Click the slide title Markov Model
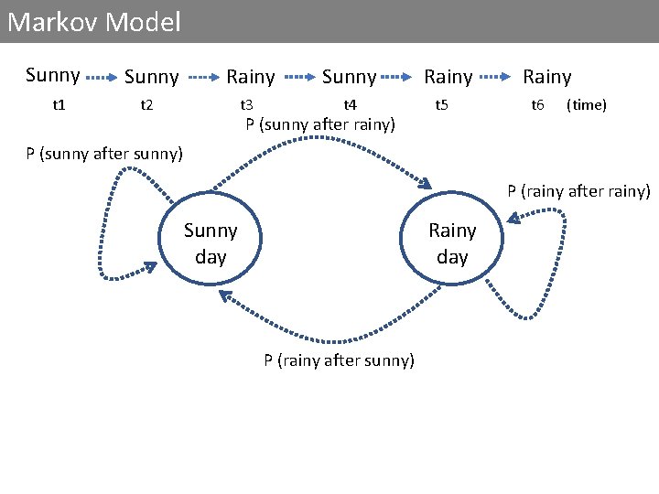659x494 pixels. click(94, 22)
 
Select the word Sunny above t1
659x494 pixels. click(52, 75)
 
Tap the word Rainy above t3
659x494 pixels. click(251, 77)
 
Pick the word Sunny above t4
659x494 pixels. click(349, 77)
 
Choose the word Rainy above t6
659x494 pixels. click(546, 77)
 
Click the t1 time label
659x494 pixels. click(59, 105)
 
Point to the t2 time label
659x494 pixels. click(146, 105)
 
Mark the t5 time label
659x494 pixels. click(441, 105)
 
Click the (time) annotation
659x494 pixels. click(587, 105)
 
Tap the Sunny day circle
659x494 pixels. click(211, 242)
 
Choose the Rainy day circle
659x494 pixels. click(452, 242)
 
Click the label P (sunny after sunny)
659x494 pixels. click(104, 153)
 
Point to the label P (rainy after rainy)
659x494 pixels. click(579, 191)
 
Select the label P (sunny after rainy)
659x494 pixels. click(320, 124)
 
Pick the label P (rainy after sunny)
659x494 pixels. click(339, 360)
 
